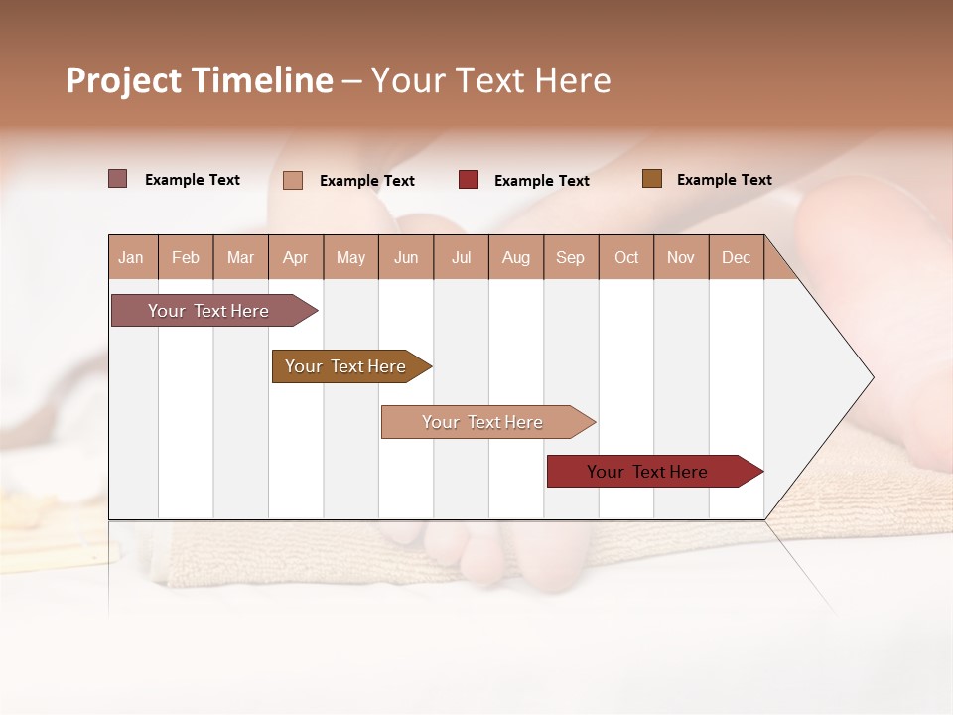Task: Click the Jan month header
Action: [132, 257]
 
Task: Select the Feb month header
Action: [186, 257]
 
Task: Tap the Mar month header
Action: [240, 257]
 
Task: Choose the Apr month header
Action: [296, 257]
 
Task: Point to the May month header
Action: [350, 257]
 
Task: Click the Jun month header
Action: [406, 257]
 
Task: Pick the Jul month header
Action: [462, 257]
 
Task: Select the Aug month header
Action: [516, 257]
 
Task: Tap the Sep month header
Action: [571, 257]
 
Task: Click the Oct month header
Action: [626, 257]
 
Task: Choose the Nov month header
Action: [681, 257]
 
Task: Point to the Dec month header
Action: [737, 257]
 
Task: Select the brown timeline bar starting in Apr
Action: [345, 366]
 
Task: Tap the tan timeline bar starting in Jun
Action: [482, 422]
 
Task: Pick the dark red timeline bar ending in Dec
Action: [647, 472]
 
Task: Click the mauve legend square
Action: [118, 179]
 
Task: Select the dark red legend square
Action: [469, 180]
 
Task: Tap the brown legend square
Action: [651, 179]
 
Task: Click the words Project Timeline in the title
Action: [200, 80]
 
